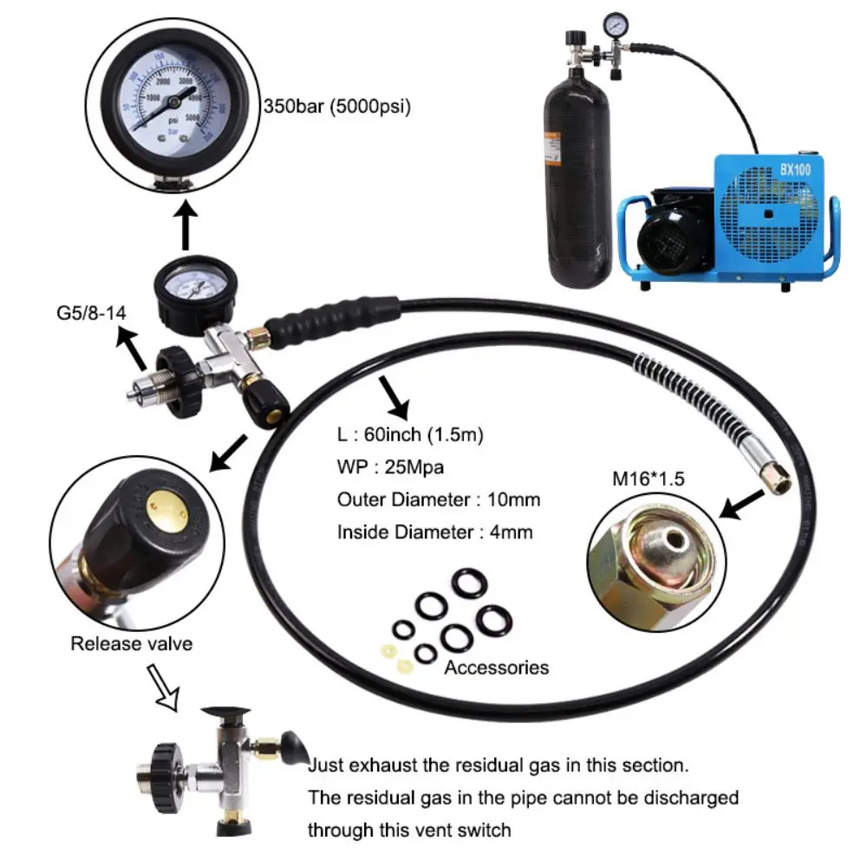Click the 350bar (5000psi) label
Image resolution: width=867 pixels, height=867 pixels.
(336, 108)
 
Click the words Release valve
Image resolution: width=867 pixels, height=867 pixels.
(131, 643)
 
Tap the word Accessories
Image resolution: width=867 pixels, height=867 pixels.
(497, 667)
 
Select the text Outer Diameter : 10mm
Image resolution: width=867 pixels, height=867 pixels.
(439, 499)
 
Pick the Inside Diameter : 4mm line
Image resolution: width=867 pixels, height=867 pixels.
(435, 532)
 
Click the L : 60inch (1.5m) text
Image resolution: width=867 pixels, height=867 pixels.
(411, 434)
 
